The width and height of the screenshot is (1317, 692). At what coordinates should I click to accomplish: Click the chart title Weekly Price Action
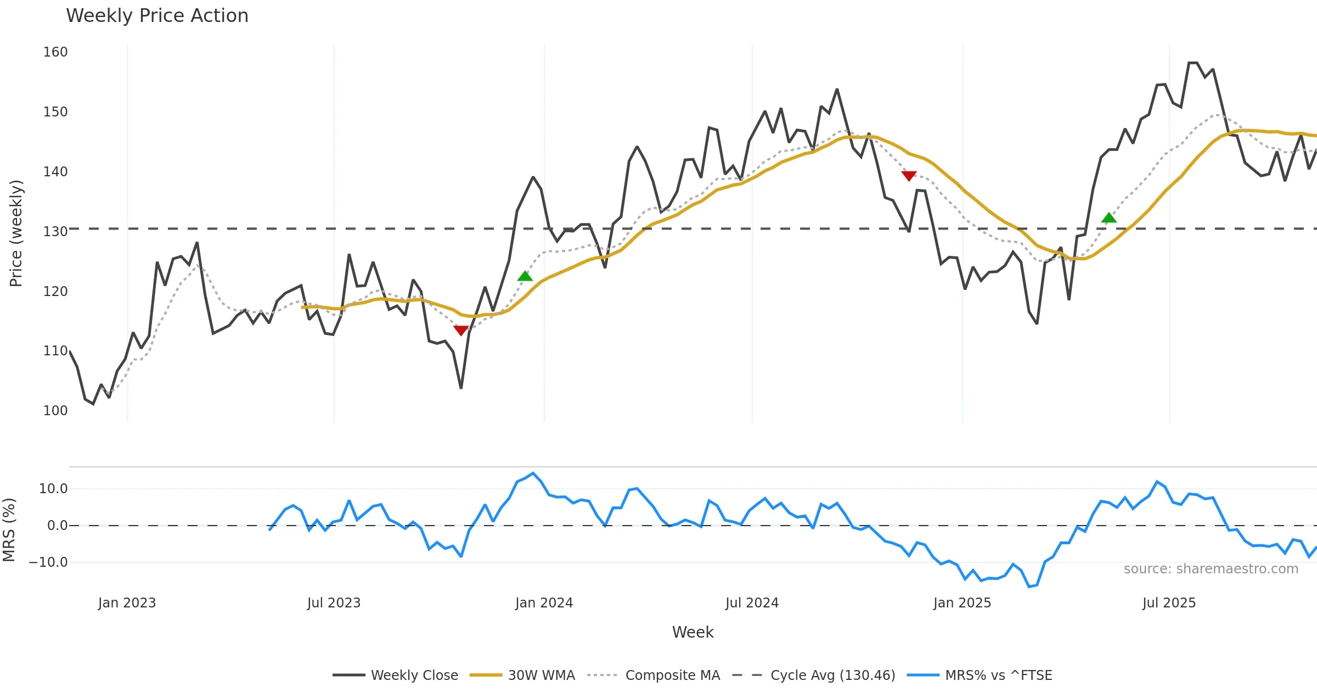click(157, 16)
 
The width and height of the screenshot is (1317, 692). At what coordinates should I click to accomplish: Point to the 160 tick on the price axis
click(55, 52)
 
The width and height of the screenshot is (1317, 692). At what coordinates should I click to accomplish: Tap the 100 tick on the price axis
click(55, 411)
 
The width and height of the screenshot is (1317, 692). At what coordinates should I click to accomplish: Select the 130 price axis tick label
click(55, 232)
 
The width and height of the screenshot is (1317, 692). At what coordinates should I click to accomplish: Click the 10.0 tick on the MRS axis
click(53, 489)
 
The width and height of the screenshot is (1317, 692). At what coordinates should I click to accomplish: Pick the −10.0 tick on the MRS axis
click(48, 562)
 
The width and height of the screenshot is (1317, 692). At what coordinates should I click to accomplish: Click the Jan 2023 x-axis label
click(127, 603)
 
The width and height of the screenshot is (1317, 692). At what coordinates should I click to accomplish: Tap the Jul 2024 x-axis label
click(752, 603)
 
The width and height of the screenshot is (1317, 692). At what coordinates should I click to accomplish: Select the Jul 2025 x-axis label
click(1169, 603)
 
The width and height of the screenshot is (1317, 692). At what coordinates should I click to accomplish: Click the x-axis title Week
click(693, 633)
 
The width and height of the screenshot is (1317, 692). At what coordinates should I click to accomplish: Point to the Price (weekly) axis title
click(16, 233)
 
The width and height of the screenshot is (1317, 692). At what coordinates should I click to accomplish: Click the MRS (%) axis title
click(9, 530)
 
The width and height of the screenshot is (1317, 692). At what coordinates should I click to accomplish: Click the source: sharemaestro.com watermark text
click(1211, 569)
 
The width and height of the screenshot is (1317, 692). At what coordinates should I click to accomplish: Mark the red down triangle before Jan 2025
click(909, 176)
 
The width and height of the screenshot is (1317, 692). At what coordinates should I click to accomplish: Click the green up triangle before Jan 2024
click(525, 276)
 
